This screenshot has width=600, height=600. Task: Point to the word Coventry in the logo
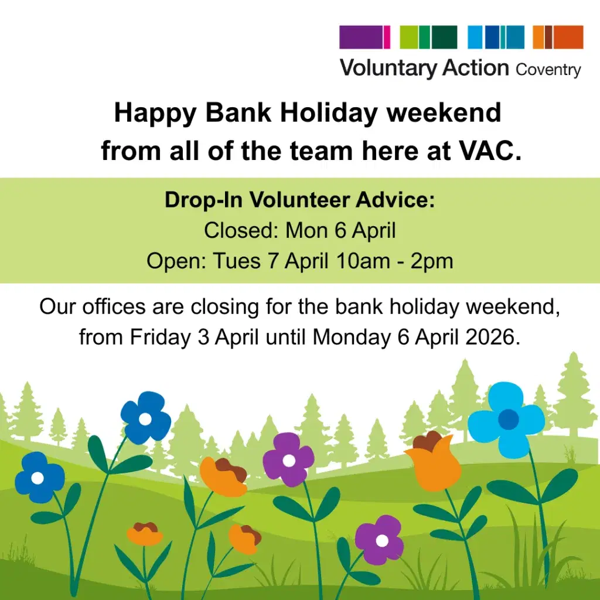click(548, 70)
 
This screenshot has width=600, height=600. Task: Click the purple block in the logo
click(360, 37)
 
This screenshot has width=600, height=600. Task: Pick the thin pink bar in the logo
click(387, 37)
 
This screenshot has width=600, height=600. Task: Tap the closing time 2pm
click(432, 261)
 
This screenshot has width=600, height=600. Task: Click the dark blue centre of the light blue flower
click(508, 419)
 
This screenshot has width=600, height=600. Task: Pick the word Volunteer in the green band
click(301, 200)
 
